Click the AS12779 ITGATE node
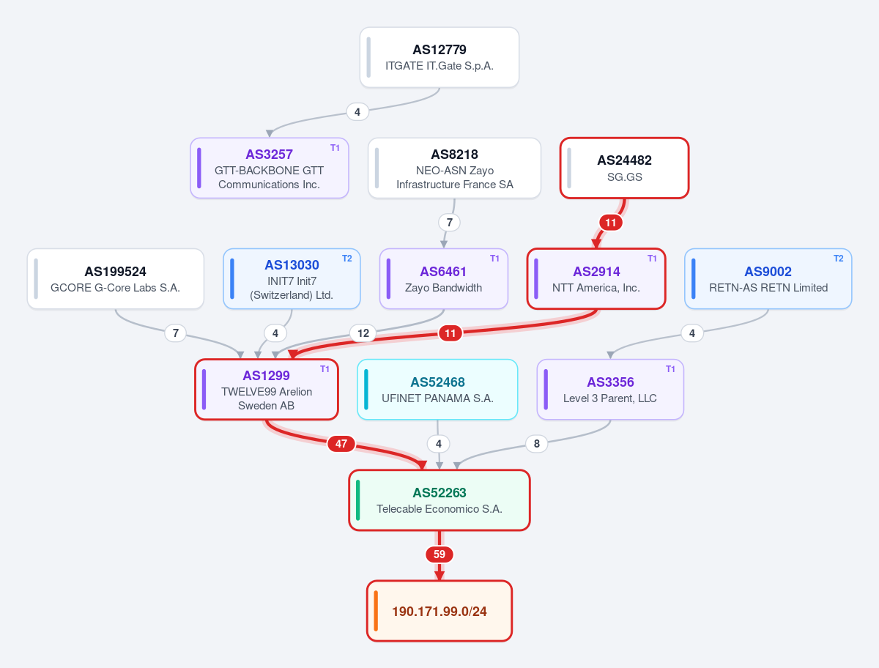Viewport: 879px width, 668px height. click(439, 57)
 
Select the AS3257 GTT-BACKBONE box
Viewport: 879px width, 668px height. click(269, 168)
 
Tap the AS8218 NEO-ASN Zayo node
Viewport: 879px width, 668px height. click(455, 168)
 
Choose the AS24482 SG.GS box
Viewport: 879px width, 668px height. click(624, 168)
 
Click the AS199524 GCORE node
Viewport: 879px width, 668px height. click(115, 279)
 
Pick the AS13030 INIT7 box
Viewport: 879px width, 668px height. click(292, 279)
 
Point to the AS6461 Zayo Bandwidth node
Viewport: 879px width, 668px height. click(444, 279)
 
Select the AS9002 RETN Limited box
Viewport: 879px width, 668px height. click(768, 279)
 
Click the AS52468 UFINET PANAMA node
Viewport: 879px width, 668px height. click(437, 390)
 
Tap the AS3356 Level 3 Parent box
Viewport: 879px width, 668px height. click(610, 390)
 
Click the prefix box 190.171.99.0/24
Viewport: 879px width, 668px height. click(439, 611)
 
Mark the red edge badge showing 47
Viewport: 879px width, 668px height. click(341, 444)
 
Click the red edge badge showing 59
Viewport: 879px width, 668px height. click(439, 554)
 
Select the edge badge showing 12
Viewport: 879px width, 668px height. click(363, 333)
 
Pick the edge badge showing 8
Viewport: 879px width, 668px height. click(537, 443)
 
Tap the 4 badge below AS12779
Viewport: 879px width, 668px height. click(357, 111)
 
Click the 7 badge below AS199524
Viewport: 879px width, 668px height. click(175, 333)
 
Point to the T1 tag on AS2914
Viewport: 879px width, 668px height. click(652, 259)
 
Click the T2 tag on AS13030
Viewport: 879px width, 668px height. click(346, 259)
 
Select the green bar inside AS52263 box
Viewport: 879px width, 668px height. click(358, 500)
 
